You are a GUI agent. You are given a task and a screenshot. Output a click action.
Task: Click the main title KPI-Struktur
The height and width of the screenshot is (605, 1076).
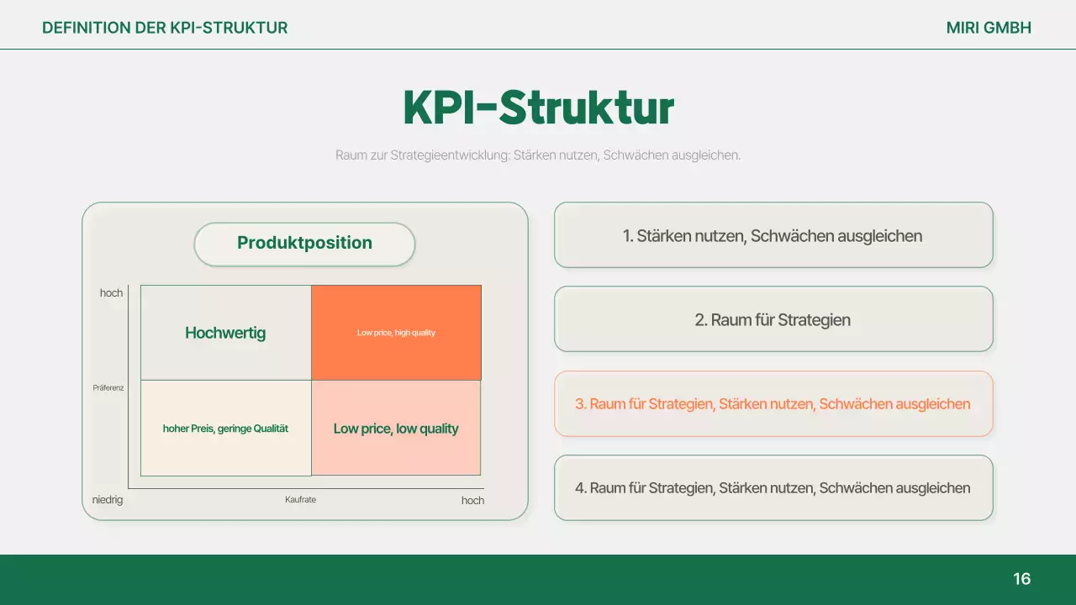tap(538, 108)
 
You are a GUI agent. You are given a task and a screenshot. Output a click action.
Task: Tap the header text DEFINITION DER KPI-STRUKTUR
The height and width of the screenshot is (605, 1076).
tap(165, 28)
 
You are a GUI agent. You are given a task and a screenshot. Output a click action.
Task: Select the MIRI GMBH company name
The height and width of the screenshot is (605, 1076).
tap(989, 28)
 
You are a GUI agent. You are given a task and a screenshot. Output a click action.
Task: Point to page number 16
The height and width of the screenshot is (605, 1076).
tap(1021, 579)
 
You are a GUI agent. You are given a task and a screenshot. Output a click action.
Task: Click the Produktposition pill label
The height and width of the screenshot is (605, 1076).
tap(304, 244)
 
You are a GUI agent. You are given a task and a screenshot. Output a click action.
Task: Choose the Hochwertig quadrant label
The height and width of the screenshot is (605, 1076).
tap(225, 333)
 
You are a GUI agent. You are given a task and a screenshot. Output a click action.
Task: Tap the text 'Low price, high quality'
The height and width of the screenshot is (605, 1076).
tap(396, 333)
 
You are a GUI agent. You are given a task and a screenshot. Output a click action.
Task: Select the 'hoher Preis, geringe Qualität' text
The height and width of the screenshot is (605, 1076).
tap(225, 429)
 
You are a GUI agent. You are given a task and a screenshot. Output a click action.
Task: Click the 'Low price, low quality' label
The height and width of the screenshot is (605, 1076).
tap(396, 429)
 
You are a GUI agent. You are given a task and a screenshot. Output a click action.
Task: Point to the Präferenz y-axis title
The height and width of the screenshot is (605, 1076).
tap(108, 388)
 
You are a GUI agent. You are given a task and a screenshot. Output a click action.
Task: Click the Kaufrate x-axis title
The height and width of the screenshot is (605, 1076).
tap(300, 500)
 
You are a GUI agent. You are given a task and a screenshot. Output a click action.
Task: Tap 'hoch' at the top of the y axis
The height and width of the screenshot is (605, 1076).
tap(111, 293)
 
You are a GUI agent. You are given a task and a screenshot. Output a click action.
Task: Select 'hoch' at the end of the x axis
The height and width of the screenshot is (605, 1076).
tap(472, 501)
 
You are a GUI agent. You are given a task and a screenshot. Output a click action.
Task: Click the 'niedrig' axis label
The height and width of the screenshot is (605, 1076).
tap(108, 500)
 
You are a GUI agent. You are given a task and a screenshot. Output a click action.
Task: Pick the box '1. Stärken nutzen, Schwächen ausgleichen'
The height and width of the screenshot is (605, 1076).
tap(773, 235)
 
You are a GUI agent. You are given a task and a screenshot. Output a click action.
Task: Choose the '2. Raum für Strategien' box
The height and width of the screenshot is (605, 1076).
tap(773, 319)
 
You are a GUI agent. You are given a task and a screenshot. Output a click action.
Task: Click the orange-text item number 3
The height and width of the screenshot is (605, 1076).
tap(773, 404)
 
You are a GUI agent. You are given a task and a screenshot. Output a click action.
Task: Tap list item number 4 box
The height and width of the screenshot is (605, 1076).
tap(773, 488)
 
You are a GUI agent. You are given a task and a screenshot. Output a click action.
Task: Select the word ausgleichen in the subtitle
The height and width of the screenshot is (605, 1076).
tap(706, 155)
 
